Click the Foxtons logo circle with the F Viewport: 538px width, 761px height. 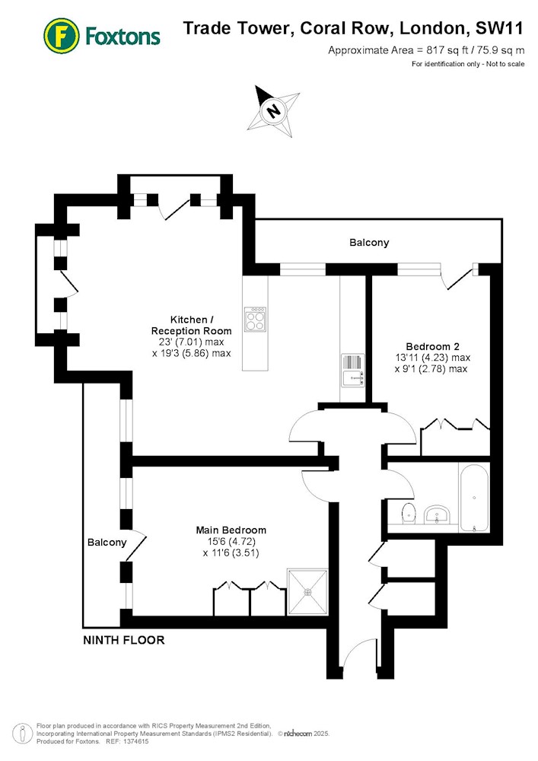coord(61,36)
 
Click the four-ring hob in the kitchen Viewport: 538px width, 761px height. coord(255,320)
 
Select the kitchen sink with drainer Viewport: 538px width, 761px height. coord(353,370)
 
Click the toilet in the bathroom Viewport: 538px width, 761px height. coord(409,512)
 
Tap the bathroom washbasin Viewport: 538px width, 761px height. coord(438,514)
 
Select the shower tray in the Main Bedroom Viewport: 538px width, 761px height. coord(307,591)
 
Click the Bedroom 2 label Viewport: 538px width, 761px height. coord(432,346)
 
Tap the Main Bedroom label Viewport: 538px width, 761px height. coord(231,530)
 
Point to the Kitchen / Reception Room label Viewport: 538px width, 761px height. coord(191,325)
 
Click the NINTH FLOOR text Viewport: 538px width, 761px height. coord(124,640)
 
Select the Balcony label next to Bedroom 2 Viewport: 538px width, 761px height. coord(369,242)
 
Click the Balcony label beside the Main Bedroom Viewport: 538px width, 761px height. coord(107,542)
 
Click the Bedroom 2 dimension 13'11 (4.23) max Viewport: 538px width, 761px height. coord(433,358)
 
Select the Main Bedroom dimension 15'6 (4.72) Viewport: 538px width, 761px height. coord(231,541)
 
